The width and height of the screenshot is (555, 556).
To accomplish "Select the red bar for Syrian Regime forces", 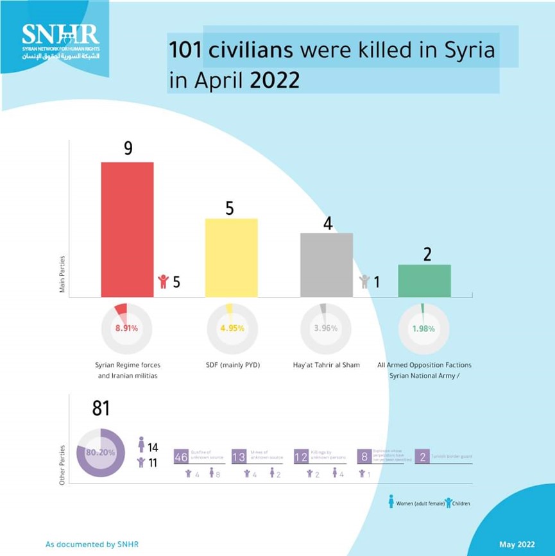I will (x=127, y=230).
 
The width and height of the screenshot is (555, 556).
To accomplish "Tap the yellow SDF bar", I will (x=231, y=258).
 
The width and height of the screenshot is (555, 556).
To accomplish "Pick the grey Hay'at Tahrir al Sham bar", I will (x=327, y=265).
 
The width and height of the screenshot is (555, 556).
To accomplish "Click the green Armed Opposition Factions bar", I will (x=424, y=281).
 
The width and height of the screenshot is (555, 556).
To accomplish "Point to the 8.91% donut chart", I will (x=126, y=328).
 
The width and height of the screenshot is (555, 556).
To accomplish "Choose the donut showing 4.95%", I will (x=232, y=328).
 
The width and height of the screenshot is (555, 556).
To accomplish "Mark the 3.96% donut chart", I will (x=326, y=328).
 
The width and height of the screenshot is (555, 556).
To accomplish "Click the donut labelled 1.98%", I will (x=423, y=328).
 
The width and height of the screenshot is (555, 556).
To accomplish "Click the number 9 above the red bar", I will (x=128, y=149).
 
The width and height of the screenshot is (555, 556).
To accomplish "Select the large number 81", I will (x=101, y=409).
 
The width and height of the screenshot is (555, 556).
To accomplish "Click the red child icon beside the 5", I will (x=163, y=282).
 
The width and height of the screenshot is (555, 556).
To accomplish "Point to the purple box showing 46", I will (x=181, y=457).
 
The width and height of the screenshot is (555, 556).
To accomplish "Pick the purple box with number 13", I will (x=239, y=457).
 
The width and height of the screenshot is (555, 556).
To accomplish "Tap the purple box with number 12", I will (x=301, y=457).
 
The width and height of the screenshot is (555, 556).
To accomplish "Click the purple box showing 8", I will (x=364, y=457).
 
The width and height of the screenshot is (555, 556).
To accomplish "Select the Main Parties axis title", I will (x=62, y=274).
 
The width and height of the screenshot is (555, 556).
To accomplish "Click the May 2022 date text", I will (x=517, y=544).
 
